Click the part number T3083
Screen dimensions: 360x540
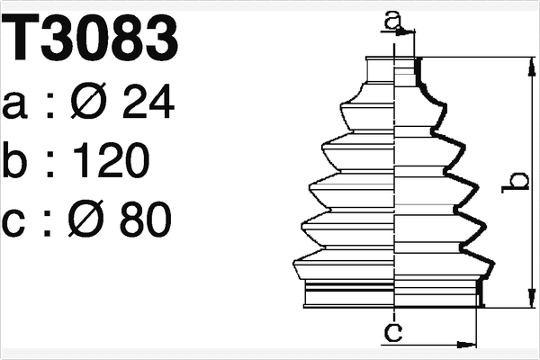[x=90, y=38]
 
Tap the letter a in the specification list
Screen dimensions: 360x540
[x=17, y=105]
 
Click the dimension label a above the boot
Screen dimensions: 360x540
[x=391, y=19]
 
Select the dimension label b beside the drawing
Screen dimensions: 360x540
[x=517, y=183]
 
